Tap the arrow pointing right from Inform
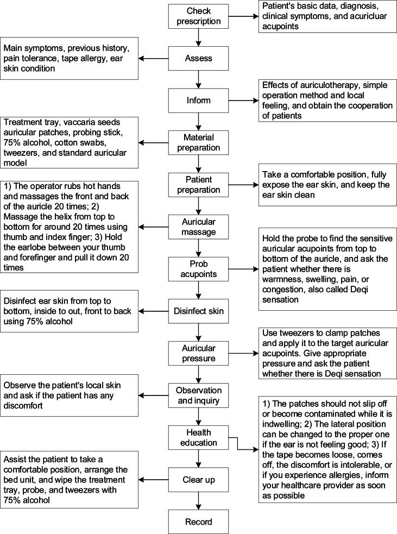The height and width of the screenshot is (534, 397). (242, 100)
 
